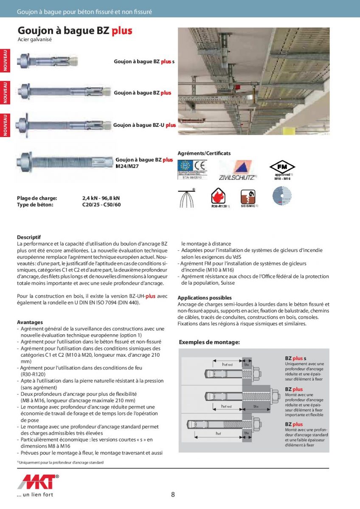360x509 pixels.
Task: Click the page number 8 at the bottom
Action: [173, 494]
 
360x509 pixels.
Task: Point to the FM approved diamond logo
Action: [282, 167]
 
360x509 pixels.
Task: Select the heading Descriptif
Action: [29, 237]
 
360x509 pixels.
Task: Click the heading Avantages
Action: [30, 322]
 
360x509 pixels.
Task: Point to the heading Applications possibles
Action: [205, 298]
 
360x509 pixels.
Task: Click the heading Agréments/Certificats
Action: [204, 153]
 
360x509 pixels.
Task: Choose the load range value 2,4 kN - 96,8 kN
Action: [101, 198]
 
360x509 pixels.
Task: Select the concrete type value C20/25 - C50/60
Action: [101, 204]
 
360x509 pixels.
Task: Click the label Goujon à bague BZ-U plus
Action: [144, 125]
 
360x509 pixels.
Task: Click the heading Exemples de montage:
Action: [209, 342]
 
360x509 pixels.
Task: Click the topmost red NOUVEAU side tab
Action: [6, 60]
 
